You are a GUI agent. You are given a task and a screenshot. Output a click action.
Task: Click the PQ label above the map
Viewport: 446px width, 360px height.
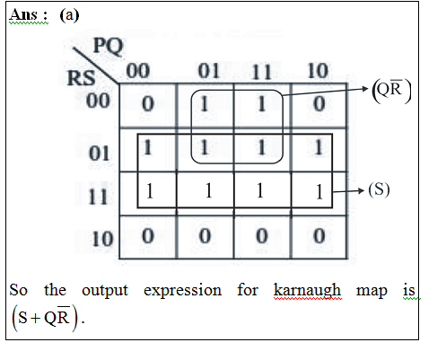[108, 46]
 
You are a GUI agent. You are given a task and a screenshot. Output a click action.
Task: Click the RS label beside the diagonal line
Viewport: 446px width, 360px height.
[81, 78]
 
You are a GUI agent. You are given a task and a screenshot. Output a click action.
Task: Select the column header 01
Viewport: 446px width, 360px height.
[209, 71]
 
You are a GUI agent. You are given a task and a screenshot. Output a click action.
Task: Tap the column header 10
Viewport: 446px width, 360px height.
[318, 71]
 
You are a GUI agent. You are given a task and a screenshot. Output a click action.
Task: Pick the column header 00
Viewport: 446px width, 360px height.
[138, 71]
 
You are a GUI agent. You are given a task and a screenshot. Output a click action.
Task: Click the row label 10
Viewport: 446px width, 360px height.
[102, 239]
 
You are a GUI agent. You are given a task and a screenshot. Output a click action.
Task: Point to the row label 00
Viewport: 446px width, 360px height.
[98, 101]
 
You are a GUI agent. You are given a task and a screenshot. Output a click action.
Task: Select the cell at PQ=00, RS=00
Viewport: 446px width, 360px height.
[148, 104]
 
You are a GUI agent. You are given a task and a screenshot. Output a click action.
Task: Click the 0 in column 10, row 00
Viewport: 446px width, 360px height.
[319, 104]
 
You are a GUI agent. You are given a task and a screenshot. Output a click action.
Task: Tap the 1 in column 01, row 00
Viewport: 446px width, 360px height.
[205, 104]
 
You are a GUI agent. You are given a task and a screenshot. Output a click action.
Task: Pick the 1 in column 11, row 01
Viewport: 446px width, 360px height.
[262, 147]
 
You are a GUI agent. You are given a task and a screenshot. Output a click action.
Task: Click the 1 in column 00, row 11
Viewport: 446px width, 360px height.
[150, 190]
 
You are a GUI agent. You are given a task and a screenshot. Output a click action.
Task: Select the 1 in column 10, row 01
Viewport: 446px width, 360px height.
[319, 147]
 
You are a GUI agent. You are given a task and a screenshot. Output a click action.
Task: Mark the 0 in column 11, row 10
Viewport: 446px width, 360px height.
[262, 236]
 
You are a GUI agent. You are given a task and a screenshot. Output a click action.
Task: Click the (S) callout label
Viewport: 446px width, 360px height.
[379, 189]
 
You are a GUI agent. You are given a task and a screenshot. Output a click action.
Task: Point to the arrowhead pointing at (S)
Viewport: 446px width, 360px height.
[362, 190]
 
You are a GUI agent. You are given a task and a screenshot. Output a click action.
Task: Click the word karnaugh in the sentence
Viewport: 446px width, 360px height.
[307, 291]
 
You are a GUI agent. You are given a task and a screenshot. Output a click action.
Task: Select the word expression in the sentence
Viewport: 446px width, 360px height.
[182, 291]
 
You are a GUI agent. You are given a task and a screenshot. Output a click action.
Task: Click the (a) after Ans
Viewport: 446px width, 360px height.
[69, 15]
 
